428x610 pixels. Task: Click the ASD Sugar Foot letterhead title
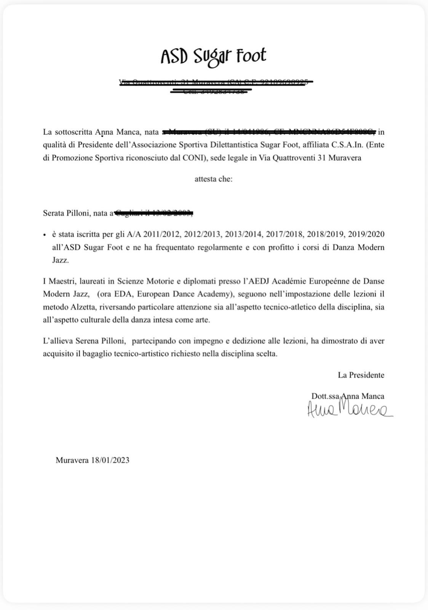coord(213,56)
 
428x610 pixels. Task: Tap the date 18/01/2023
coord(110,460)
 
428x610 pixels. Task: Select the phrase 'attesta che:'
coord(213,179)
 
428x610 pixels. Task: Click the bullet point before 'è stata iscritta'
coord(45,235)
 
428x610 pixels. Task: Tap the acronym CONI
coord(195,158)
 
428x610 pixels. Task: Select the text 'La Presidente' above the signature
coord(361,375)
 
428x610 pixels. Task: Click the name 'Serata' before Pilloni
coord(55,213)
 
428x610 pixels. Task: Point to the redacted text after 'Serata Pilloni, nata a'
coord(153,213)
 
